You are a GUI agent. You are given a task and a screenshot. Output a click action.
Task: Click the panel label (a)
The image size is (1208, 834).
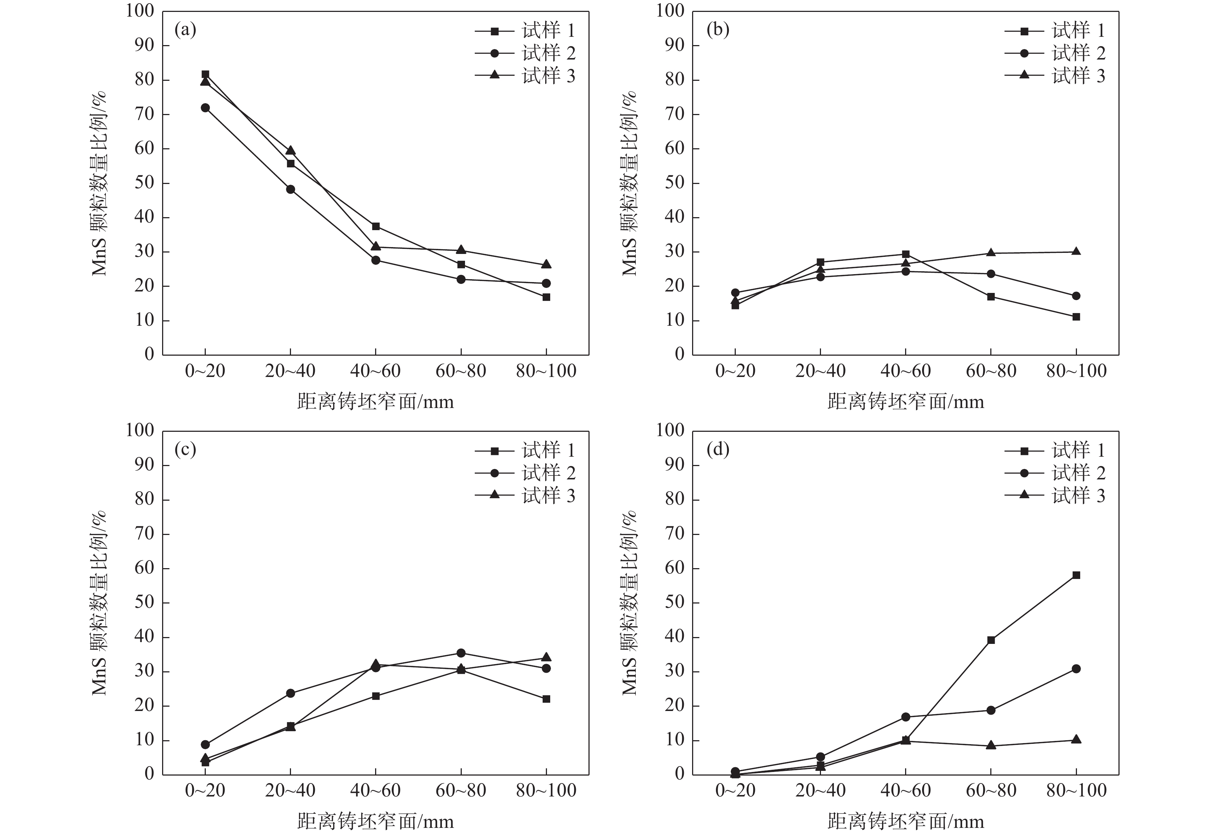[x=185, y=30]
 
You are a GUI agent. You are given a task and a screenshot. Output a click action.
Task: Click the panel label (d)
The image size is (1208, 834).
[x=717, y=450]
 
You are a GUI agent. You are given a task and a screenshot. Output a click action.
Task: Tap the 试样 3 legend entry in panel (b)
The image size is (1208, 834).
[x=1055, y=76]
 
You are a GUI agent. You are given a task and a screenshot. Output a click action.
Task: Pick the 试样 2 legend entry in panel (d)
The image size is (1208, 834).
[x=1055, y=473]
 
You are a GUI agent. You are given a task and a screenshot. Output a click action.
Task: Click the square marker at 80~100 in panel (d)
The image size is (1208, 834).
[x=1076, y=575]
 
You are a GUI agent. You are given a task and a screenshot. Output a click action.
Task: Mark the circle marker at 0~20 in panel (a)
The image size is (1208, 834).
[x=205, y=107]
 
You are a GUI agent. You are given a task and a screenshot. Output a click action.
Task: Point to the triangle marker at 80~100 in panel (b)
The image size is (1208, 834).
[x=1076, y=251]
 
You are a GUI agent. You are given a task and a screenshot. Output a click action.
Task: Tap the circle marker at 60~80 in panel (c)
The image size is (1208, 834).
[x=461, y=653]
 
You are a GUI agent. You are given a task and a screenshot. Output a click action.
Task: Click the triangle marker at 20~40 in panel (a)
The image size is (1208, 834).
[x=290, y=150]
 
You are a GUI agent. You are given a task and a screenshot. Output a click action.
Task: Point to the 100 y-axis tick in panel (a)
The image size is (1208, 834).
[x=140, y=11]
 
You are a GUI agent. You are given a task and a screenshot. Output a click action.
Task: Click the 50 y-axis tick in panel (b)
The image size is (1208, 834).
[x=675, y=183]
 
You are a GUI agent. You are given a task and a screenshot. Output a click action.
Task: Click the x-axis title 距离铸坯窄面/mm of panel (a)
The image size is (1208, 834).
[x=375, y=402]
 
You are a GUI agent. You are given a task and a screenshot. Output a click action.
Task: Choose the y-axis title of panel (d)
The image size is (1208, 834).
[x=629, y=602]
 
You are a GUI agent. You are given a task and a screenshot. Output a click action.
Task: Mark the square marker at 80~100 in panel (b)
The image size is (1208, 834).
[x=1076, y=317]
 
